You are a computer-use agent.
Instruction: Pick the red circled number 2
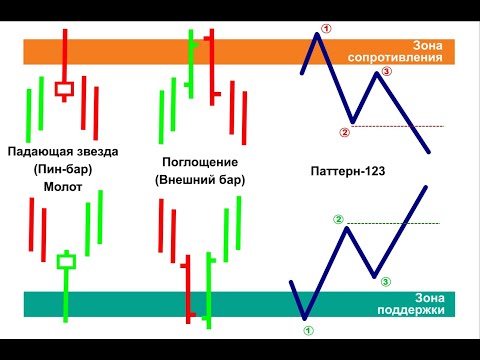[344, 131]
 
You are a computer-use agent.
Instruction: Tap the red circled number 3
[387, 72]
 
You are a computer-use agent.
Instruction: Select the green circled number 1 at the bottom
[307, 328]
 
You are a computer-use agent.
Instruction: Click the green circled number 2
[338, 219]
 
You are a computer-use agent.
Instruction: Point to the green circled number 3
[386, 282]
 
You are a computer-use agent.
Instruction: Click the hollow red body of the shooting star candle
[65, 90]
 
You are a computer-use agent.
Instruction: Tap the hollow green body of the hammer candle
[66, 262]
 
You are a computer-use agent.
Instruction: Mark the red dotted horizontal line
[400, 126]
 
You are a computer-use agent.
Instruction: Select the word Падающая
[39, 152]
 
